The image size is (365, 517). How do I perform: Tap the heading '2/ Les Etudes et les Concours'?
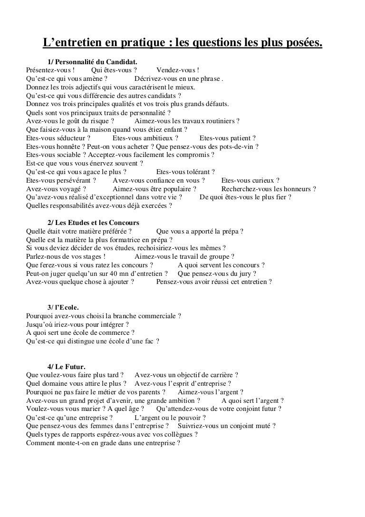[x=93, y=223]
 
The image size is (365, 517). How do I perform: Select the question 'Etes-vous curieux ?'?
[x=250, y=181]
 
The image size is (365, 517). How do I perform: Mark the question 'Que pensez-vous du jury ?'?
[x=217, y=273]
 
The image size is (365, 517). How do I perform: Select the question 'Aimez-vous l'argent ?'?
[x=211, y=392]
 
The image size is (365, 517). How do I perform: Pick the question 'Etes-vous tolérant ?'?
[x=185, y=172]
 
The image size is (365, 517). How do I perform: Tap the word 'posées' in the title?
[x=301, y=44]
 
